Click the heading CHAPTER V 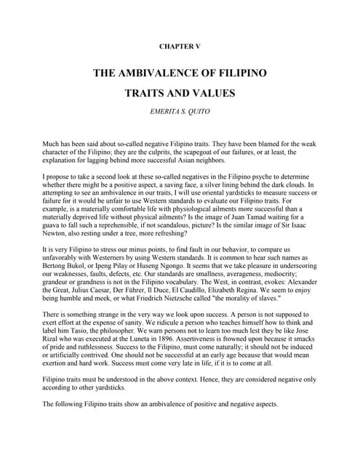(x=180, y=46)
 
